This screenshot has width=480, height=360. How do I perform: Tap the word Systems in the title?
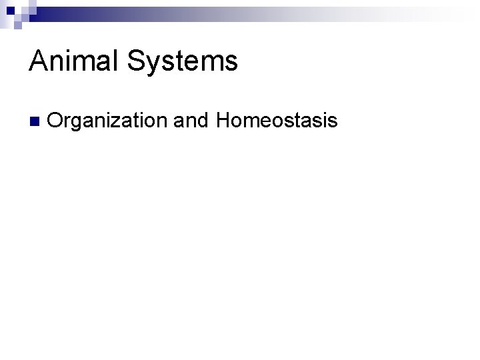(181, 62)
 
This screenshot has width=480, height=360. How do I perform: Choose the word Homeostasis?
(277, 121)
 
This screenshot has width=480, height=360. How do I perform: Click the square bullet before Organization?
(34, 122)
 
